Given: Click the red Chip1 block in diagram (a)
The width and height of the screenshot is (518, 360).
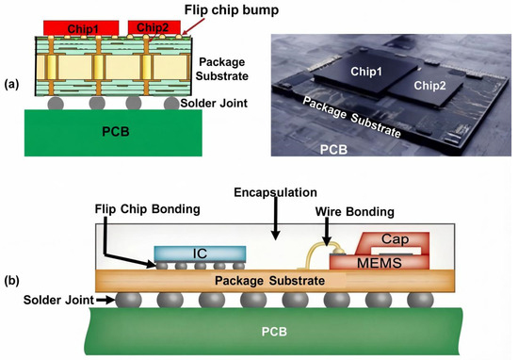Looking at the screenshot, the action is pos(81,28).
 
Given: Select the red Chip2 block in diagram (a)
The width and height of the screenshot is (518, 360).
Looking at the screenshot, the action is pos(154,27).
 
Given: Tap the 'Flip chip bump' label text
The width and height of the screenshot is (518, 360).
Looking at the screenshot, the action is pos(232,10).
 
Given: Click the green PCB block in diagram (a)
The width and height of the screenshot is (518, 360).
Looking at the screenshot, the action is pos(113,133).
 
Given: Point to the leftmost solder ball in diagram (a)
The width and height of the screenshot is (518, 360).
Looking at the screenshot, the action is pos(56,103).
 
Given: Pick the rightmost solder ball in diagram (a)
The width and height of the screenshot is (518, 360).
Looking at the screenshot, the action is pos(171,103).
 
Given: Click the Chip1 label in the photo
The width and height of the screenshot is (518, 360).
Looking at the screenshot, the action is pos(366,71).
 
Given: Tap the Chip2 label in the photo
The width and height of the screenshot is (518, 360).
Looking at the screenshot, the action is pos(429,86).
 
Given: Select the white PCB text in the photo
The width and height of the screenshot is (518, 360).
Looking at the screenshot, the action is pos(333,150).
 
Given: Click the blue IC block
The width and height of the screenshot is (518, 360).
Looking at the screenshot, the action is pos(201,254).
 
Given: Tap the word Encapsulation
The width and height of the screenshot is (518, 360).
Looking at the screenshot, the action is pos(276,192).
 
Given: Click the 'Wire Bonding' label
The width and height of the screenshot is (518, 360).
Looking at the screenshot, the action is pos(355,211).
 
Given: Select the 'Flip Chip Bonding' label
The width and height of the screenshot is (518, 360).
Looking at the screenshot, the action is pos(147,209).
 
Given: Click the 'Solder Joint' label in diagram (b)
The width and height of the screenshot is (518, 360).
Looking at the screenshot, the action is pos(58,301).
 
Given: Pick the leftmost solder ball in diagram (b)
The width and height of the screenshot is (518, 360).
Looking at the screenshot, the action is pos(128,301).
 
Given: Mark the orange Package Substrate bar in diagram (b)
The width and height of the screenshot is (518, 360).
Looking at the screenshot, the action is pos(275,281).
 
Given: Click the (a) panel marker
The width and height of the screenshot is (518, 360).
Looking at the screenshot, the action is pos(11,85).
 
